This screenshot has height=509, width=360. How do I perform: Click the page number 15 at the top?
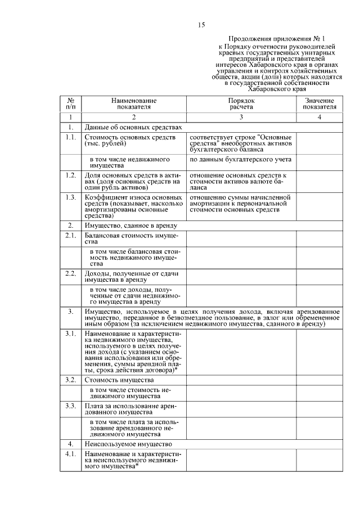click(x=202, y=25)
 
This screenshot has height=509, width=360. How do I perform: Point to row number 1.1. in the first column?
click(x=70, y=137)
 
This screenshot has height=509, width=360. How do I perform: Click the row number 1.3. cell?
click(x=70, y=198)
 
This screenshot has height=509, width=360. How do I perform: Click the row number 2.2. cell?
click(x=70, y=273)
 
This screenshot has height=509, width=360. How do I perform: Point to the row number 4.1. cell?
click(x=70, y=453)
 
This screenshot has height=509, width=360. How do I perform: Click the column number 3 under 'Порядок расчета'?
click(x=241, y=117)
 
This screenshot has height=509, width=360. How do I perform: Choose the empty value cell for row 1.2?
click(x=319, y=182)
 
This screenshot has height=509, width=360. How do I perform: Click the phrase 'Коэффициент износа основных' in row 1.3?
click(x=133, y=198)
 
